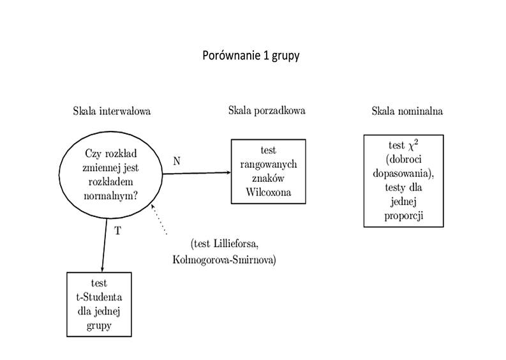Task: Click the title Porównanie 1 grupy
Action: [251, 56]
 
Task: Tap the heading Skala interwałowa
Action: [112, 111]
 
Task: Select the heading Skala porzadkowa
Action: [267, 110]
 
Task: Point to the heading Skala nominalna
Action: [407, 111]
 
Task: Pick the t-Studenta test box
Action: [99, 304]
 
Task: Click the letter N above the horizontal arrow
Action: [176, 161]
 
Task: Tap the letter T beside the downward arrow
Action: [117, 231]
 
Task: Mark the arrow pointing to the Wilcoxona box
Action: [198, 172]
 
